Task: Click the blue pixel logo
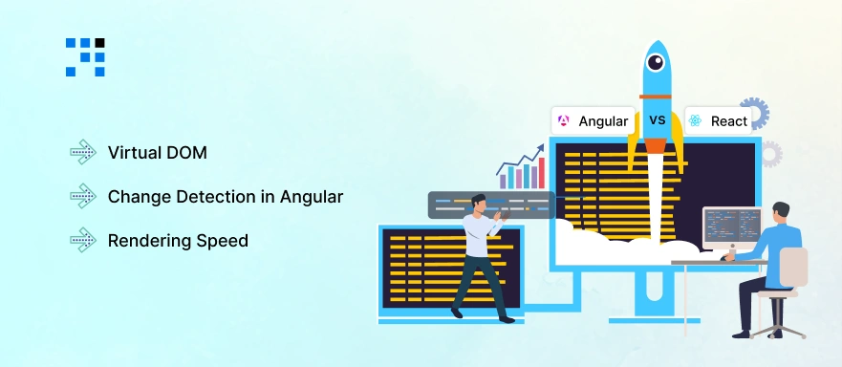85,56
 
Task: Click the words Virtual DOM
157,152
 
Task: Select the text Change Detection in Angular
225,196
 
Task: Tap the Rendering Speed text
178,240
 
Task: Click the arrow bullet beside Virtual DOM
83,152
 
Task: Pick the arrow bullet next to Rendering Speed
83,240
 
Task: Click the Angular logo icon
564,121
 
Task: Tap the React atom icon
695,121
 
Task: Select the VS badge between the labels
657,121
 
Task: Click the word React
729,121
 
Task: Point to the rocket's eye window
656,63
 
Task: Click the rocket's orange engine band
656,145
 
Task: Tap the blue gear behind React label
755,113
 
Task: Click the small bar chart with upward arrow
522,169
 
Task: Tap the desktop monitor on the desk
731,228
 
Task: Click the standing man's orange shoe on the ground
457,312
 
